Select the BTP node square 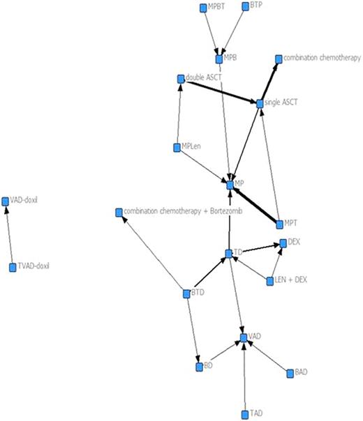coord(245,6)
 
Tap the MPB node coord(219,59)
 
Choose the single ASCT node coord(260,104)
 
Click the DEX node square coord(283,243)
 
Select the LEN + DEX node coord(270,281)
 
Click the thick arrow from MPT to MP coord(255,203)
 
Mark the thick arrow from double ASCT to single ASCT coord(220,91)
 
